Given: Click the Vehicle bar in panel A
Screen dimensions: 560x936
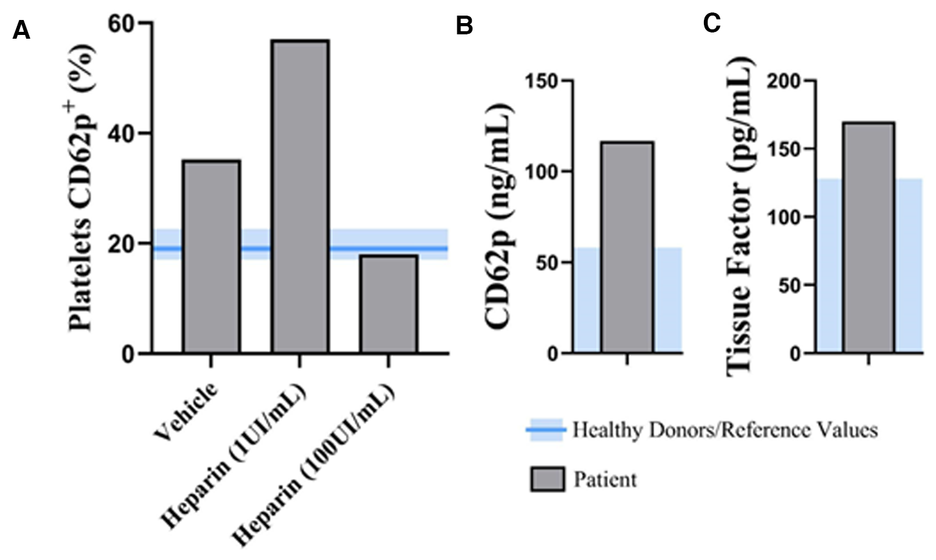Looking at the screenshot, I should [x=211, y=257].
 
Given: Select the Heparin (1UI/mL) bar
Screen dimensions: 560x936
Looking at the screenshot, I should [x=300, y=197].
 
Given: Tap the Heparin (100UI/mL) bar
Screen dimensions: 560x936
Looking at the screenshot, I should [x=388, y=304].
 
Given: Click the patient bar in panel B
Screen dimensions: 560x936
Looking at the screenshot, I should [x=627, y=247].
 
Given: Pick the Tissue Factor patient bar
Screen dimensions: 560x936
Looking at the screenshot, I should [x=868, y=238].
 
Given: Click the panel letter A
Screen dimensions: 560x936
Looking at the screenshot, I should [x=21, y=30].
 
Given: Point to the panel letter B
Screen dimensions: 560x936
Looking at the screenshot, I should [x=464, y=26].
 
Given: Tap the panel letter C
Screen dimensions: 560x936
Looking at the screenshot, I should [x=711, y=23].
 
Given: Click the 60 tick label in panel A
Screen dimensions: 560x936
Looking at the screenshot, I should [x=121, y=24].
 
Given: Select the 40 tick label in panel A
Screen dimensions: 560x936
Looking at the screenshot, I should [x=121, y=134].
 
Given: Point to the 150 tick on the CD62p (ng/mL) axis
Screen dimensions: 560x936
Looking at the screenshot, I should [x=541, y=81].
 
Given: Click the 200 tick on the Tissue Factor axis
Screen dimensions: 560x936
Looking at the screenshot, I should [x=783, y=81].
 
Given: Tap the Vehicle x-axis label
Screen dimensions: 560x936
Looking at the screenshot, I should [x=186, y=410].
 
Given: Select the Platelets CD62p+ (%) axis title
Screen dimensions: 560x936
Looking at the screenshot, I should [x=81, y=187].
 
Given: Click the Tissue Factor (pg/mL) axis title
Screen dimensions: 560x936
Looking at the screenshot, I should [x=740, y=216].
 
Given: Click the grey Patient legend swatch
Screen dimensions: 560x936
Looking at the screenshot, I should [x=547, y=479].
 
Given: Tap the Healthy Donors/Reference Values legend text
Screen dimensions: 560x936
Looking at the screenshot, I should [x=725, y=430].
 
